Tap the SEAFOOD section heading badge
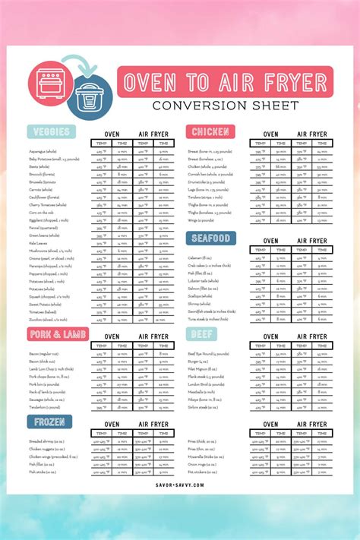[210, 238]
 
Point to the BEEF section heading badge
[201, 333]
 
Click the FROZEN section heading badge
[49, 422]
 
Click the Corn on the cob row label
[42, 212]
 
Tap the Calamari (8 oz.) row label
[201, 257]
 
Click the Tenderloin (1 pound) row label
[46, 406]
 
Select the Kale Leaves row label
[38, 242]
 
